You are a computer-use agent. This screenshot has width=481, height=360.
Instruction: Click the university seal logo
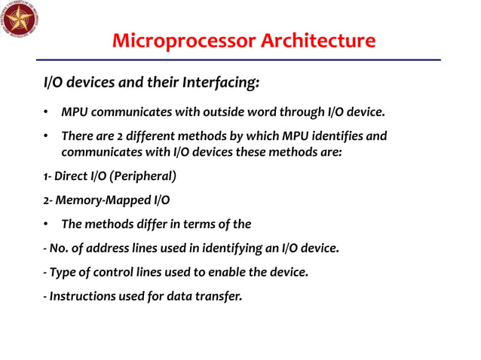pyautogui.click(x=20, y=20)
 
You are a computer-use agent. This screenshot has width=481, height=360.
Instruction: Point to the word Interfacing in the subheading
pyautogui.click(x=219, y=80)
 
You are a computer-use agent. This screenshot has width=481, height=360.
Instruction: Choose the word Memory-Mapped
pyautogui.click(x=101, y=200)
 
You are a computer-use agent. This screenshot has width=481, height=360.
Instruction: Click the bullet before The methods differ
pyautogui.click(x=46, y=224)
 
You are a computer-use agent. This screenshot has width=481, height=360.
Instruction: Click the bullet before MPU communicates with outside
pyautogui.click(x=46, y=113)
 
